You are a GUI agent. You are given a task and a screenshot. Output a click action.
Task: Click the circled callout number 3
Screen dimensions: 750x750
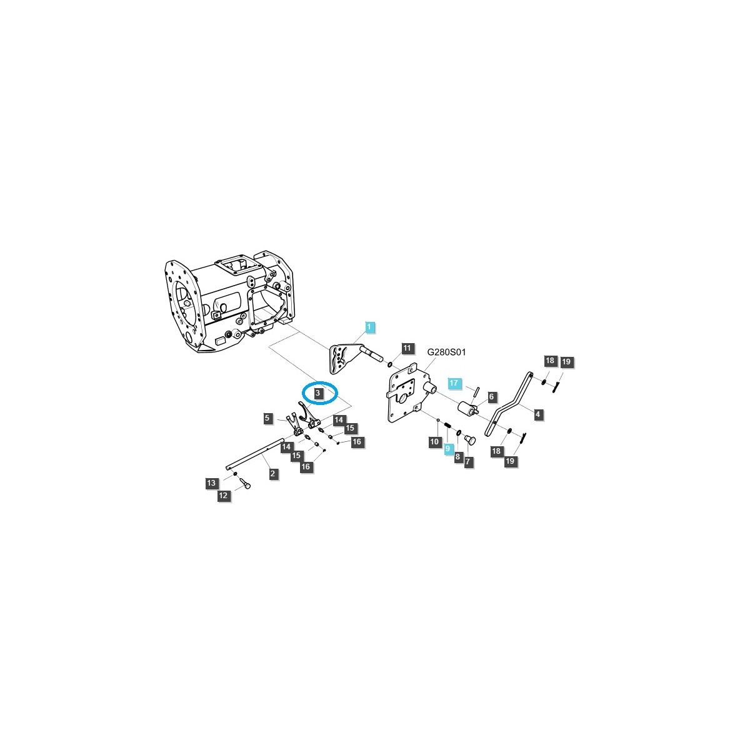317,392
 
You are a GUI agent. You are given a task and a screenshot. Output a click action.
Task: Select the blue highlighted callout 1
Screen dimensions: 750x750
369,327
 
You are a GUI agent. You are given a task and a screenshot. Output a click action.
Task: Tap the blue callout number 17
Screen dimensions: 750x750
453,383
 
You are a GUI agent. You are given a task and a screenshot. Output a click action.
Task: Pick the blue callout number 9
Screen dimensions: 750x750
447,448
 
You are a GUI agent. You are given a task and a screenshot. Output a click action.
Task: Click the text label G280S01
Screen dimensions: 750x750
446,352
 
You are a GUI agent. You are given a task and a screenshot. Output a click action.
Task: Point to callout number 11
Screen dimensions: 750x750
407,348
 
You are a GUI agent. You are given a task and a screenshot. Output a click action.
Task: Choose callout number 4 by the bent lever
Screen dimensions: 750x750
537,414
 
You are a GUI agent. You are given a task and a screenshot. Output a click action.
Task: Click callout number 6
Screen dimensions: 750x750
491,397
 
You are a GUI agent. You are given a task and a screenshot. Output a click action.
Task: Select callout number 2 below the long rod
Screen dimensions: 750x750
272,473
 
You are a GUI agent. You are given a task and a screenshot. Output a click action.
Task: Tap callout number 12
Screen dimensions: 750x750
223,496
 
